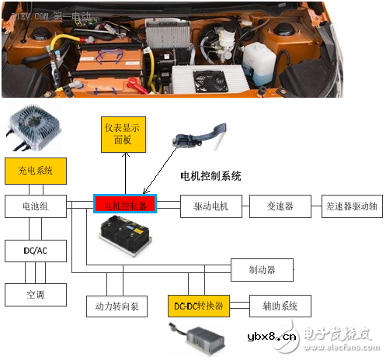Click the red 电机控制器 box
(x=125, y=205)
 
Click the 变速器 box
(x=276, y=206)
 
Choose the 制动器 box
(x=264, y=270)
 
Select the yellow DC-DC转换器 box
(x=197, y=306)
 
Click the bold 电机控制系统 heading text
(x=210, y=176)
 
